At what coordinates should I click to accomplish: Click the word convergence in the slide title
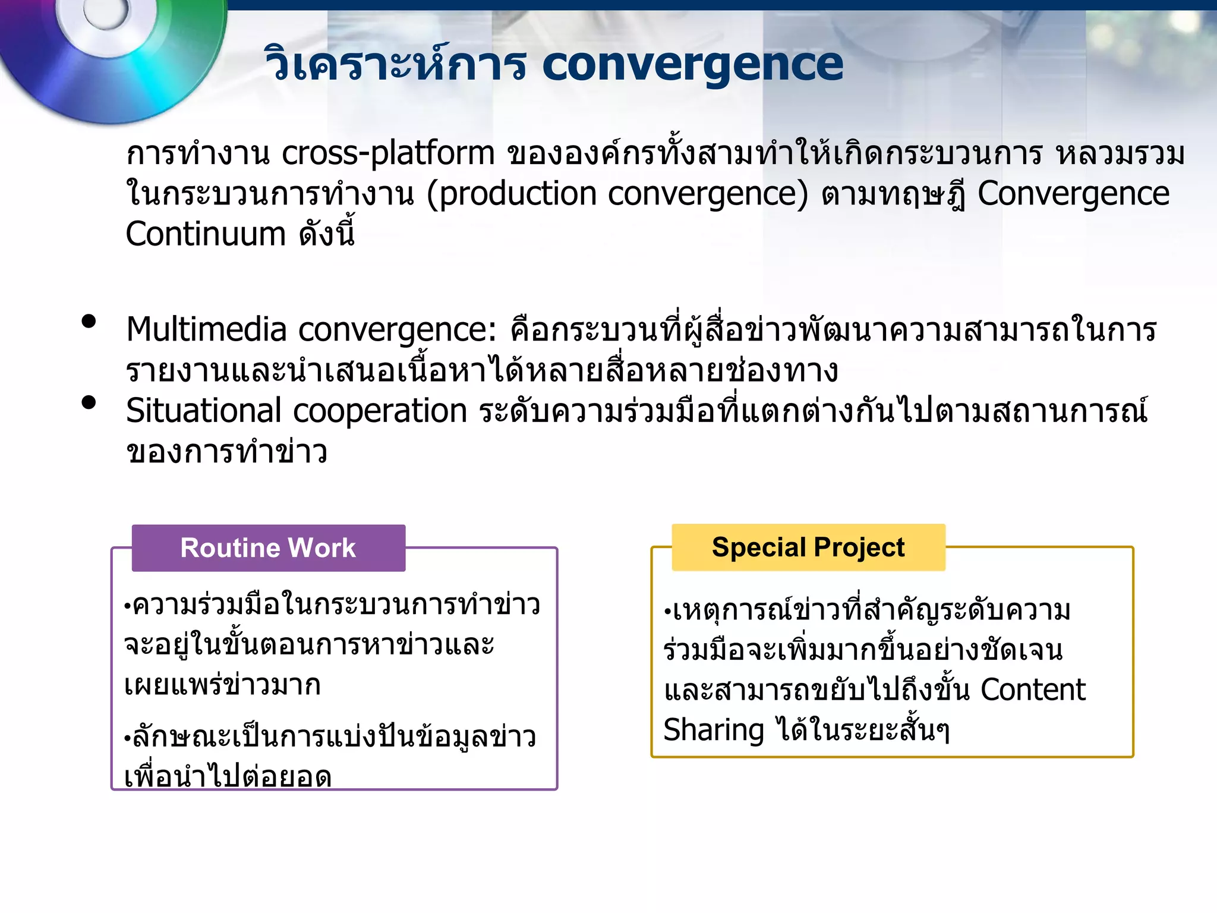(x=692, y=64)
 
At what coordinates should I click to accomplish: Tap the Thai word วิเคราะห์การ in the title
(x=395, y=64)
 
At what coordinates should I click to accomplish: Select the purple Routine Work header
(x=269, y=548)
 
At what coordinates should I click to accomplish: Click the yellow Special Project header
(x=808, y=547)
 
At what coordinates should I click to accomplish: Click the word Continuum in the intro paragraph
(x=206, y=234)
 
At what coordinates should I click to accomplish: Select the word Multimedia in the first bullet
(x=206, y=329)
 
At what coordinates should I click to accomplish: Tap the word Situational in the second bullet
(x=203, y=411)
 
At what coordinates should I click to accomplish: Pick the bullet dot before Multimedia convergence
(x=89, y=322)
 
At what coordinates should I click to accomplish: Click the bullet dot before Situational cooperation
(x=89, y=403)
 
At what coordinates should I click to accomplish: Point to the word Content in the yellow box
(x=1033, y=690)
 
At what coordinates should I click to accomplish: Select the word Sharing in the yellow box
(x=714, y=730)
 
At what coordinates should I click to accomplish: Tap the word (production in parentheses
(x=512, y=194)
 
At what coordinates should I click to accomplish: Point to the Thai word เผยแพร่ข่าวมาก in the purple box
(x=222, y=685)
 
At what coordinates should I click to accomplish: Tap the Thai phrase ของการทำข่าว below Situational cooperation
(x=226, y=452)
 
